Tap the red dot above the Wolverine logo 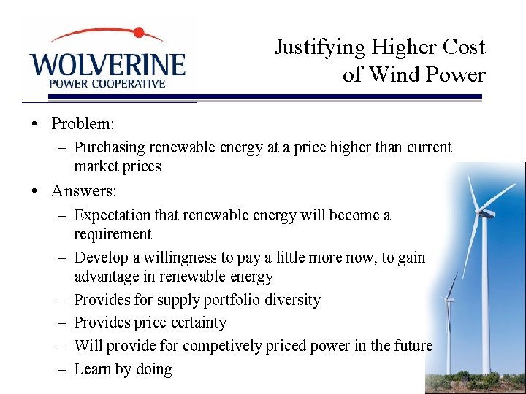139,33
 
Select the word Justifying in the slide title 319,47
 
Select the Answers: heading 84,191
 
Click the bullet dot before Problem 35,123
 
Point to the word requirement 113,234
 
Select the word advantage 107,277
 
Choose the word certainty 198,322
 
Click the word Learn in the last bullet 93,369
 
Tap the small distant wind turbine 450,299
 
